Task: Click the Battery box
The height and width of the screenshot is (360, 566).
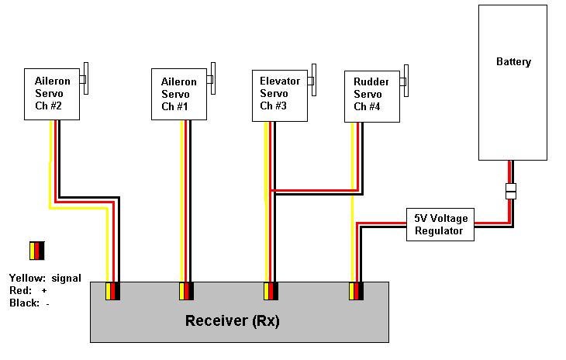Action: [513, 81]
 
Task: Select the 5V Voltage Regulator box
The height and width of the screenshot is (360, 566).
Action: [440, 225]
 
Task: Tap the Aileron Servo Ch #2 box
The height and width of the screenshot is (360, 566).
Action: [53, 94]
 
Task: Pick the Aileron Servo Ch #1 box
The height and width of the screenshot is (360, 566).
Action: [178, 94]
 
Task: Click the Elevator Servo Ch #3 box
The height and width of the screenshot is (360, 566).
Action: [280, 95]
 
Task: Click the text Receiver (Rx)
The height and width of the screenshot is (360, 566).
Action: [232, 320]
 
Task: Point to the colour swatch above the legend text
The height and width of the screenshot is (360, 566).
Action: [37, 251]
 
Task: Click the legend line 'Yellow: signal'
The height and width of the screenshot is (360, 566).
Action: [45, 278]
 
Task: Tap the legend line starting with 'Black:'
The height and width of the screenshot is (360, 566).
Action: [29, 303]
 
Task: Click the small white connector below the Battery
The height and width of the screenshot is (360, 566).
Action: [510, 191]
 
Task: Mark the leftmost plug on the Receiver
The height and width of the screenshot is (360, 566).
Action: [112, 291]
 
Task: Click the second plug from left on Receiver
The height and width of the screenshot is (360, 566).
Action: [186, 291]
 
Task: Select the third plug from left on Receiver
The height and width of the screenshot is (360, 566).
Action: [270, 291]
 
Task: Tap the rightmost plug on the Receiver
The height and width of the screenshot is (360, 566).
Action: [356, 291]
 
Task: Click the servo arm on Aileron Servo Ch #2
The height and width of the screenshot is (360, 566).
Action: [85, 78]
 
